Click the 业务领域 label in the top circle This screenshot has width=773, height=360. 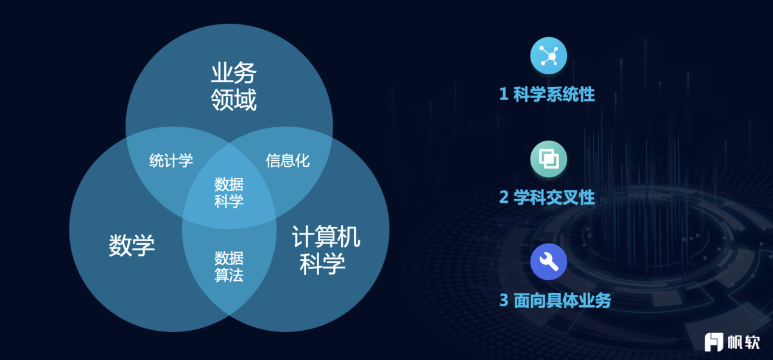tap(234, 86)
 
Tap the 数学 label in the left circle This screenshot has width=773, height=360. tap(132, 245)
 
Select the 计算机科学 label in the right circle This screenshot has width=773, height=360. tap(326, 250)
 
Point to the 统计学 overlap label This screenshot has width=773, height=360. tap(171, 160)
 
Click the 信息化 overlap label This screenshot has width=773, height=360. tap(288, 160)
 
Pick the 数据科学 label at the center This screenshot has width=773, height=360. tap(229, 192)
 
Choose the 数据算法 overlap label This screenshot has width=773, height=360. tap(229, 266)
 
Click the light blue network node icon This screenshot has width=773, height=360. tap(548, 55)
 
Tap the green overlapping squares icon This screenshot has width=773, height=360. tap(548, 159)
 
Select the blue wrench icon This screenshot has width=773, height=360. tap(548, 262)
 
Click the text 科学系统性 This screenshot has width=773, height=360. tap(554, 94)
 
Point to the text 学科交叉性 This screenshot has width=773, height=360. tap(554, 197)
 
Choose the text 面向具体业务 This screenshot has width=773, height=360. tap(562, 300)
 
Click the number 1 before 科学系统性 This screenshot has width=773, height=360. tap(504, 94)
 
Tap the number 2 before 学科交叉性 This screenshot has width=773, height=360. tap(504, 197)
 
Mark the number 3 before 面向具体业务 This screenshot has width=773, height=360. tap(504, 300)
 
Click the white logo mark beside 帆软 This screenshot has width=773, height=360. tap(714, 342)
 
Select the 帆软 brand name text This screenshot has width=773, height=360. tap(744, 342)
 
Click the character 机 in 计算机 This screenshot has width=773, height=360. tap(349, 237)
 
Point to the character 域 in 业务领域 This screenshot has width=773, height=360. tap(245, 100)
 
